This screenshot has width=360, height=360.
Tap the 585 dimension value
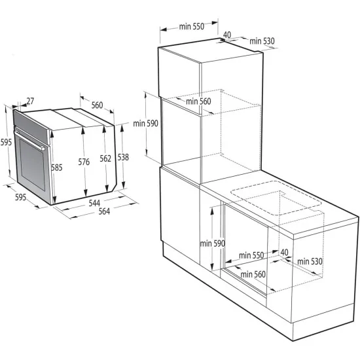[57, 168]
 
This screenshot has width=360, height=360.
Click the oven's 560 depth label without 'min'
[97, 105]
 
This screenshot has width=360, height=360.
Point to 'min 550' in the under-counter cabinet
[251, 255]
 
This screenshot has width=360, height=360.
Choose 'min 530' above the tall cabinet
[261, 41]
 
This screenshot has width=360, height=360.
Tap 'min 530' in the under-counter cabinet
[310, 261]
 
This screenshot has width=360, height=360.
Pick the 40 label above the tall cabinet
[227, 35]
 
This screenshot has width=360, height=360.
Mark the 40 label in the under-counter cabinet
[284, 252]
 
